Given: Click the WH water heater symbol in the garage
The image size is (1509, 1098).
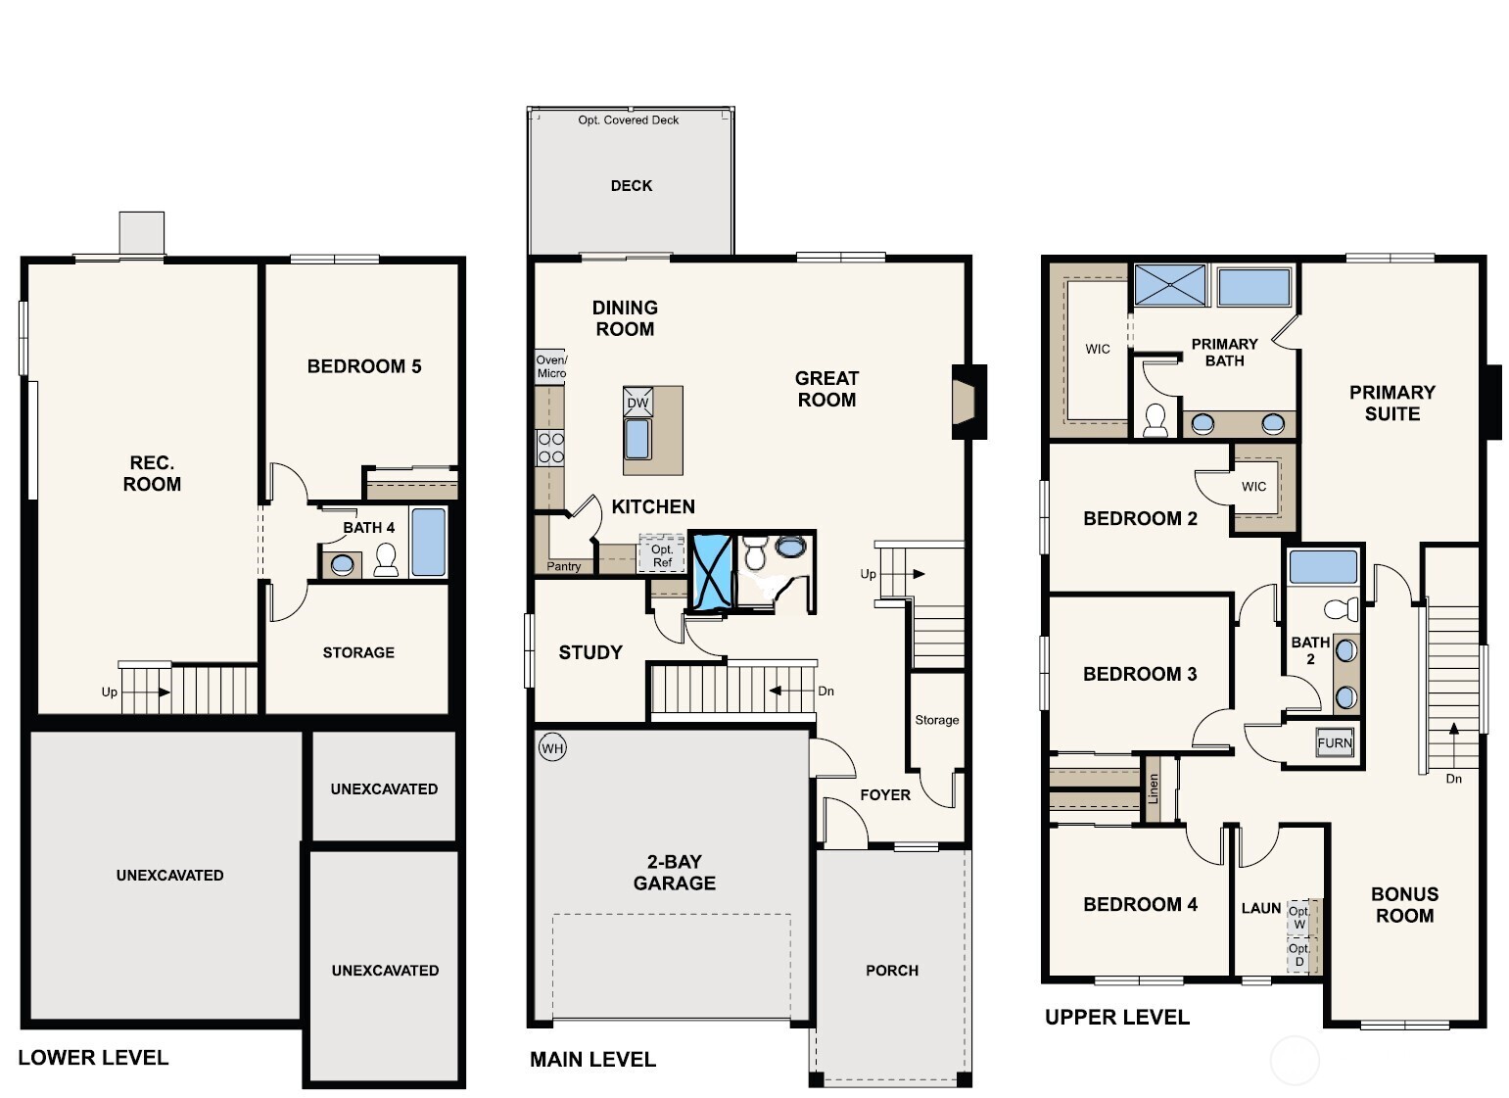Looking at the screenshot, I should (552, 748).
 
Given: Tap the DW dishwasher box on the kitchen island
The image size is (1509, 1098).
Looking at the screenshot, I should (637, 402).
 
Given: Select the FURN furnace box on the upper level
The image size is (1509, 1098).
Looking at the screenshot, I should (1334, 742).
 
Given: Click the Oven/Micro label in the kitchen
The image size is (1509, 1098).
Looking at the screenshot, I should (550, 366).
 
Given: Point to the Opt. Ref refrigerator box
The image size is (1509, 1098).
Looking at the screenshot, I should (662, 555).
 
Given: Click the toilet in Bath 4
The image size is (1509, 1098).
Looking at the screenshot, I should (386, 559).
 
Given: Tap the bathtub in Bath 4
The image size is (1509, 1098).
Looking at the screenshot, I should (428, 542).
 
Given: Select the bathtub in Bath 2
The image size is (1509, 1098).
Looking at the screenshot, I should (1323, 567).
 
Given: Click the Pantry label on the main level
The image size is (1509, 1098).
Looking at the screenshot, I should (564, 566).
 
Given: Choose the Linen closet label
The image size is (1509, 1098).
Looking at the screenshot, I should (1154, 788).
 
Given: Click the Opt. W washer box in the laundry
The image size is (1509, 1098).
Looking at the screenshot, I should (1299, 918).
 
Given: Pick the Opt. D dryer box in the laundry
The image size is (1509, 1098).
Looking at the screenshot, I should (1299, 955).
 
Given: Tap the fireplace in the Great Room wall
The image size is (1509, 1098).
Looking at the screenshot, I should (967, 401).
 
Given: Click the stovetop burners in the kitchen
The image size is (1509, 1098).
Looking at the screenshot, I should (550, 448).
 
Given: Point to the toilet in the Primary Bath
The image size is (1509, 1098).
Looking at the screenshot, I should (1155, 420).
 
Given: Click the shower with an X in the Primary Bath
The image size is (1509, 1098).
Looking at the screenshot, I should (1169, 285).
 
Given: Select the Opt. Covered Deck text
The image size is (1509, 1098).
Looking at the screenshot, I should (628, 119).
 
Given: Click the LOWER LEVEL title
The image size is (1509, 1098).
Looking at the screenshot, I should (93, 1058).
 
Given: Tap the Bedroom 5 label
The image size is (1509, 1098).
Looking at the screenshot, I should (364, 366).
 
